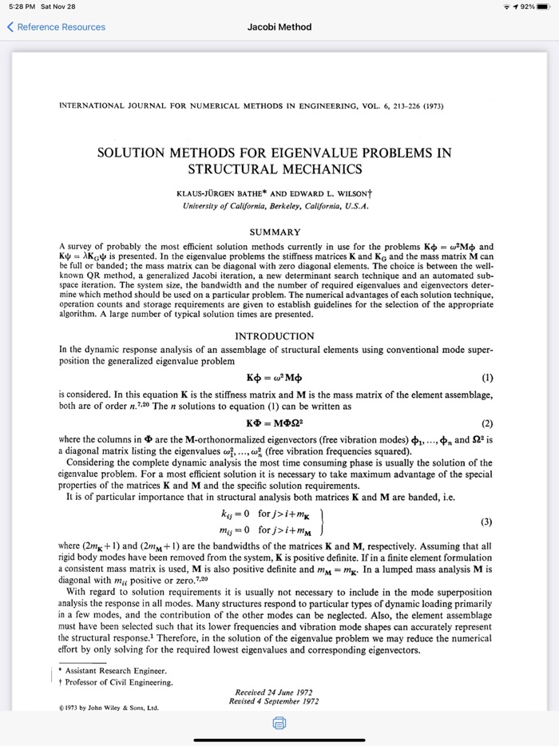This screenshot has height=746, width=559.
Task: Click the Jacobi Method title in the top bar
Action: (279, 27)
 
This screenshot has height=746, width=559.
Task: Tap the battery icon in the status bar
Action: (544, 7)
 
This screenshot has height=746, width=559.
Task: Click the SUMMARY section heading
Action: (276, 232)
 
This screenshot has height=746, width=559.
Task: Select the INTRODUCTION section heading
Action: (276, 336)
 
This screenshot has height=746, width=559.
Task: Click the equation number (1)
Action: (488, 378)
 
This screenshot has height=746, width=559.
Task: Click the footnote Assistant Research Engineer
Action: (116, 670)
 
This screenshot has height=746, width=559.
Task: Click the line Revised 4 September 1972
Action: (274, 701)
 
